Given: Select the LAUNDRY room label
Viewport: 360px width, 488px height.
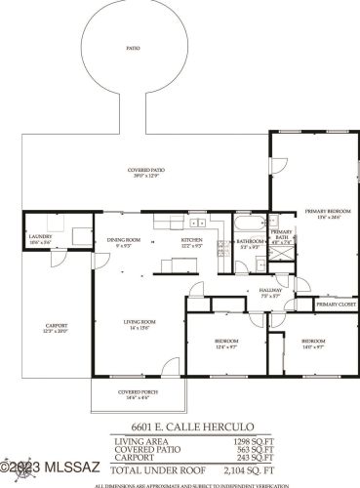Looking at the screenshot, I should click(40, 236).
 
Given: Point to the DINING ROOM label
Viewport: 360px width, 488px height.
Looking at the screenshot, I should click(124, 240).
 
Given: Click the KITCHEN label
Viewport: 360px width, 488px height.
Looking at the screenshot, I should click(191, 240).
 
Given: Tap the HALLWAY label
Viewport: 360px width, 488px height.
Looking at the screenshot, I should click(270, 290).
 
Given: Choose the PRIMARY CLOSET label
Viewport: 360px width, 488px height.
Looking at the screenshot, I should click(335, 304).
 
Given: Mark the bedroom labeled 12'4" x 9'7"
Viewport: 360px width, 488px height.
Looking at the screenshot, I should click(226, 343).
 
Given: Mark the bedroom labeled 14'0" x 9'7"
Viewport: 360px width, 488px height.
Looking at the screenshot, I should click(312, 343).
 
